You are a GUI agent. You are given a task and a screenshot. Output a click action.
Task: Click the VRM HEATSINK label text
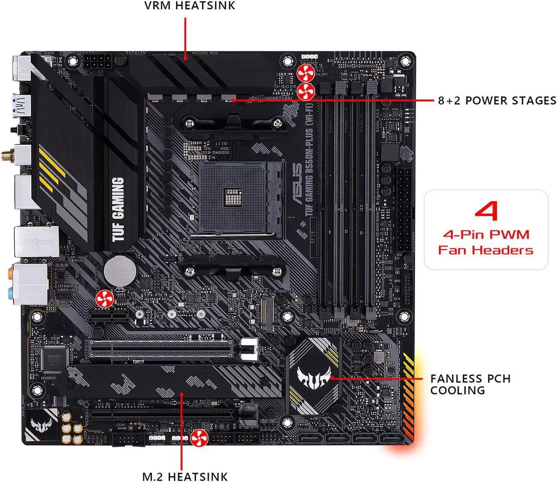[x=190, y=6]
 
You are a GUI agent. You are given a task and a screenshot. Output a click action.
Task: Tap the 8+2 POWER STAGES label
[x=497, y=100]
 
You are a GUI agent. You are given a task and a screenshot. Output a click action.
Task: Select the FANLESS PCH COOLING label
[x=470, y=385]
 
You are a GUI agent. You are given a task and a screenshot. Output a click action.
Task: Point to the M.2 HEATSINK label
[x=185, y=476]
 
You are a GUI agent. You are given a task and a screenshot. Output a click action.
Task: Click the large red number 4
[x=486, y=211]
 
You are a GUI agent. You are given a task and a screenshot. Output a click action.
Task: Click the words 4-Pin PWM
[x=486, y=235]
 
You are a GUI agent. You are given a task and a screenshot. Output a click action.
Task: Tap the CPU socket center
[x=235, y=197]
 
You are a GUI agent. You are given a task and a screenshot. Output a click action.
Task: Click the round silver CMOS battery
[x=120, y=270]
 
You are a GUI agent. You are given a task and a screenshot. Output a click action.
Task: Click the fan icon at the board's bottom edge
[x=198, y=438]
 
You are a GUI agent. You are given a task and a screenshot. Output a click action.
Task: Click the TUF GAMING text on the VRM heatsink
[x=118, y=209]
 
